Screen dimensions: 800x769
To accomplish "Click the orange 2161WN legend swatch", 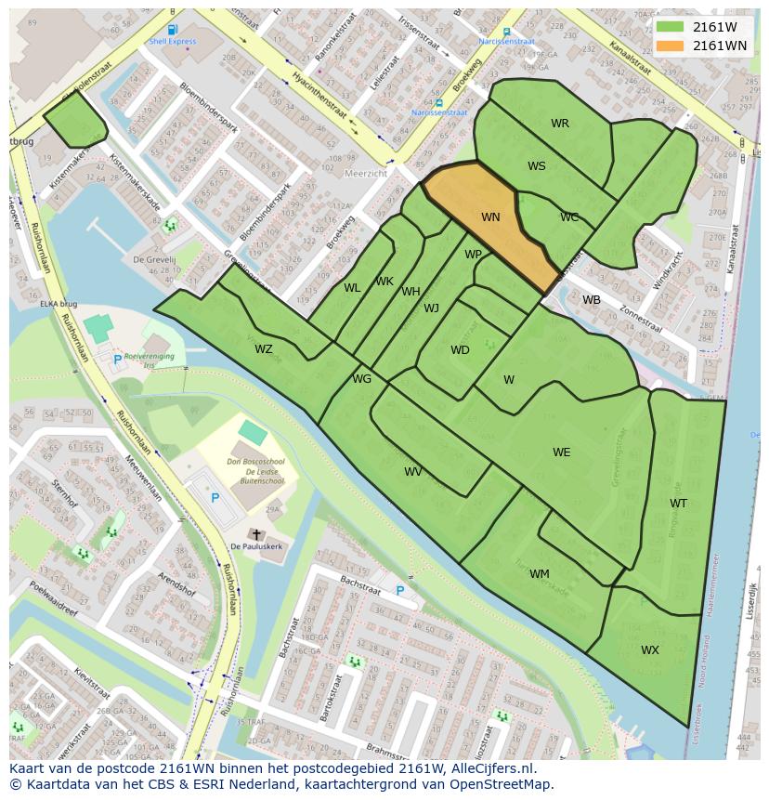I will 668,46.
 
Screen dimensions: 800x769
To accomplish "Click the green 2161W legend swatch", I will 668,27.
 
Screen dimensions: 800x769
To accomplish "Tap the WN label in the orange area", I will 490,217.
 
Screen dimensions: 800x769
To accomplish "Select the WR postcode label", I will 559,124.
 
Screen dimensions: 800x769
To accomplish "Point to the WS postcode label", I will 537,166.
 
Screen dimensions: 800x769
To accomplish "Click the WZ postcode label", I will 264,349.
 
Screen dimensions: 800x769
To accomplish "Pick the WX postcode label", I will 650,650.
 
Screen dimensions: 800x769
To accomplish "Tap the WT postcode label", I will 678,504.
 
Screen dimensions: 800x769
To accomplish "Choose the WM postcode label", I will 540,574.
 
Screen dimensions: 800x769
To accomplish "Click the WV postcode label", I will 413,472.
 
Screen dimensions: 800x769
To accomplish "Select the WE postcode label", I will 562,452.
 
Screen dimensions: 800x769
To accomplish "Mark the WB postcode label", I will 592,300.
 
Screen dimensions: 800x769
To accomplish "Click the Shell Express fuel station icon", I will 173,30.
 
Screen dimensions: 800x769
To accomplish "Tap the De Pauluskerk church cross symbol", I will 256,534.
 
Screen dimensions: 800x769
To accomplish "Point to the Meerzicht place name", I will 365,173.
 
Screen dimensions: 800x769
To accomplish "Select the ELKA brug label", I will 58,304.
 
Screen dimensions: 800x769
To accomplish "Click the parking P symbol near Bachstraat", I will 400,590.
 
